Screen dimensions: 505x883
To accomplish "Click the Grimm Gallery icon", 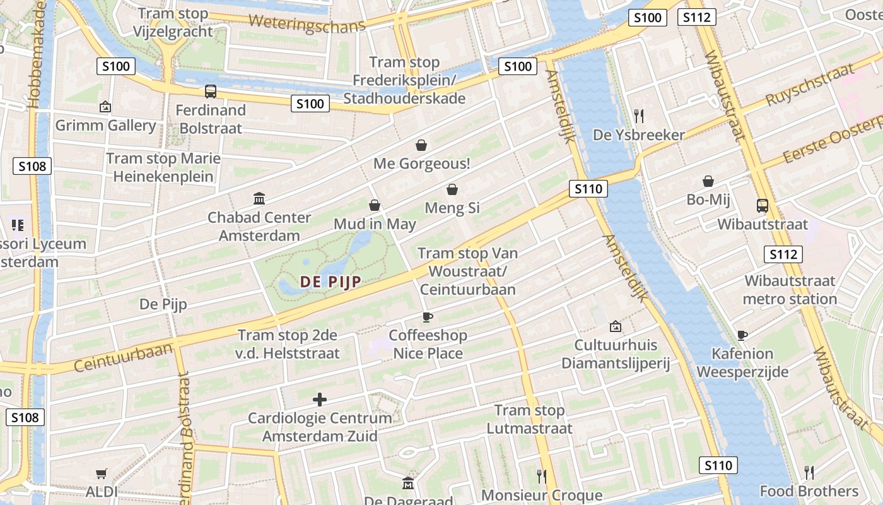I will coord(105,107).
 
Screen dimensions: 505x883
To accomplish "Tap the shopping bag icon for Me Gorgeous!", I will coord(421,146).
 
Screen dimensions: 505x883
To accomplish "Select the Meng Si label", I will coord(452,208).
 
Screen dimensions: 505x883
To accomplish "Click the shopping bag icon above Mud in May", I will coord(375,206).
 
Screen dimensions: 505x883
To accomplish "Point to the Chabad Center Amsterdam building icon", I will coord(259,199).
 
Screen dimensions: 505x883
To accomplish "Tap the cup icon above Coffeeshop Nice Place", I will coord(428,317).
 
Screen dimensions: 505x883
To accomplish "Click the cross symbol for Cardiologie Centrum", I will coord(320,400).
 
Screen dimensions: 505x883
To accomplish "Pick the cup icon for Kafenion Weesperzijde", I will coord(742,335).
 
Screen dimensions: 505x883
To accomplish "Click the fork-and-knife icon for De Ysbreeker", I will coord(639,116).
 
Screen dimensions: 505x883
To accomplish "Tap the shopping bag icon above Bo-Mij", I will coord(708,182).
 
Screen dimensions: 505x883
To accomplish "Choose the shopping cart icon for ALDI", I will coord(101,473).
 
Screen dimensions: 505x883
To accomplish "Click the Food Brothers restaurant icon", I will coord(809,472).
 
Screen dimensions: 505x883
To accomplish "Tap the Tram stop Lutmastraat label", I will coord(529,419).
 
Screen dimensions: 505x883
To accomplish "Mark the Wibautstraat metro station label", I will coord(790,290).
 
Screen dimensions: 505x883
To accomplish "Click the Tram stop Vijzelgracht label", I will coord(173,23).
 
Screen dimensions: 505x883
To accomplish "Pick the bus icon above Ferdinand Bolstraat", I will coord(211,92).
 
